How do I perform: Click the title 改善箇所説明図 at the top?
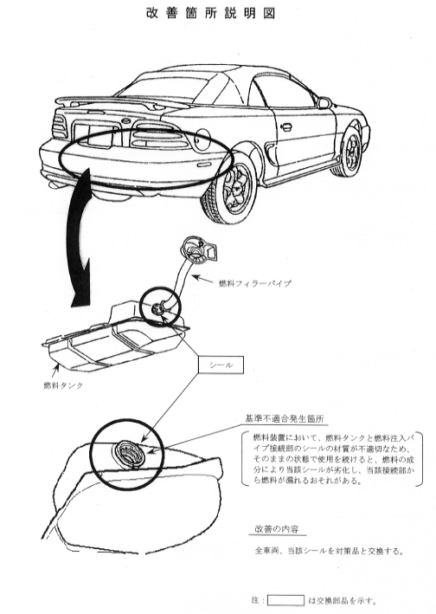(211, 13)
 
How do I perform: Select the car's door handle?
(285, 126)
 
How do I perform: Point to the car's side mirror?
(324, 103)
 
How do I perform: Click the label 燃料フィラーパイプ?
(254, 283)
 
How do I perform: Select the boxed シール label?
(221, 365)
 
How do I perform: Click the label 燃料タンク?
(63, 385)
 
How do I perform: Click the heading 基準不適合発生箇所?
(285, 419)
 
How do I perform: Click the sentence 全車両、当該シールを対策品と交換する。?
(329, 551)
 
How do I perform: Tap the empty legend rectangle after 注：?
(285, 600)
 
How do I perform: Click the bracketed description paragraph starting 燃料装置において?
(333, 458)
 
